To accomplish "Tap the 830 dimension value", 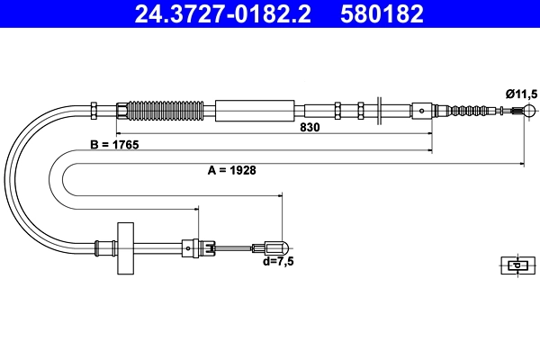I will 310,128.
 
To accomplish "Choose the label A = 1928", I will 226,170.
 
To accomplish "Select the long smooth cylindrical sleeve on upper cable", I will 256,111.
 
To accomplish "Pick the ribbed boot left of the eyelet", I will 473,112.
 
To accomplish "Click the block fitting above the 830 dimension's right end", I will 423,112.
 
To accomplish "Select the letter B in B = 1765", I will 94,145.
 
